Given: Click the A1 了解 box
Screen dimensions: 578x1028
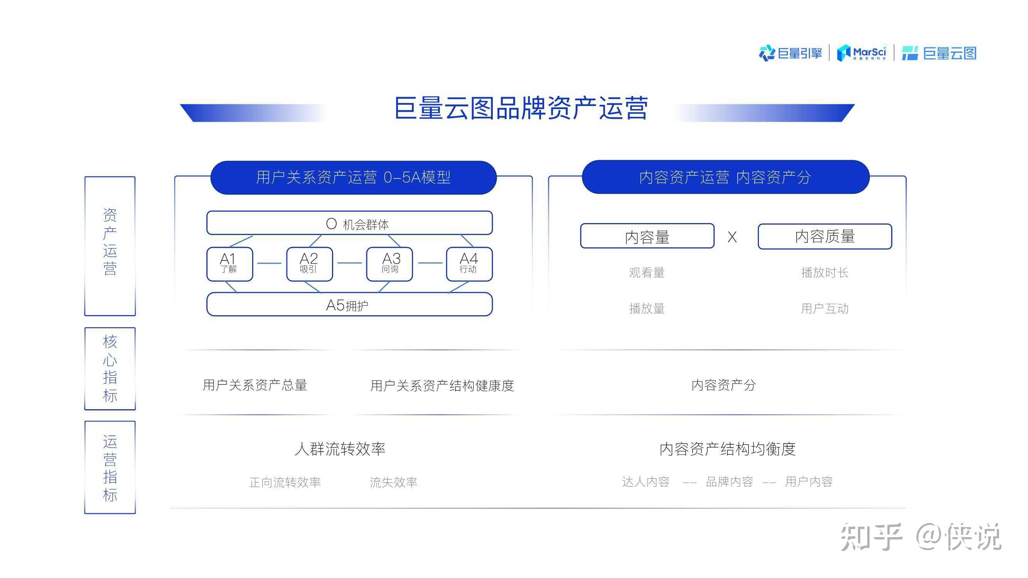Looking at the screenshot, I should [229, 264].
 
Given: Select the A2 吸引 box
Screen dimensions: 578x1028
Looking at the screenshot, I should [309, 264].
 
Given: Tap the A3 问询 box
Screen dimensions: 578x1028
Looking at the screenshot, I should [389, 264].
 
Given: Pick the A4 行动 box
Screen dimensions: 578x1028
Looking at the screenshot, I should [469, 264].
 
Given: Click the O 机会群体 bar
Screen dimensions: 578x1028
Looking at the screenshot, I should [349, 223].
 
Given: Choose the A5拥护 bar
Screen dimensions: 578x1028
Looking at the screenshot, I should [349, 305].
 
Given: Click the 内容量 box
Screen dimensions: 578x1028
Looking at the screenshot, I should [647, 236].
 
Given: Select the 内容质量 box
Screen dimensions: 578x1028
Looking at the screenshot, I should [824, 236].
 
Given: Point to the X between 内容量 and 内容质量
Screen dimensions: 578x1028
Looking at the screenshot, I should [732, 237].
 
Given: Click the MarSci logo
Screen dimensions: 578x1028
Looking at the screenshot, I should [862, 53].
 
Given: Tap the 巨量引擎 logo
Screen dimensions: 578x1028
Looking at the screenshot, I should [790, 53].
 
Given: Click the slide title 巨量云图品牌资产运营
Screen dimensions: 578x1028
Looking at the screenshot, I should [521, 108].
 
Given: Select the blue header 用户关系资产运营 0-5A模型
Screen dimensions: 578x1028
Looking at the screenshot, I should [353, 178].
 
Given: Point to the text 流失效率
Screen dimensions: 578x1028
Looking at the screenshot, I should [393, 482].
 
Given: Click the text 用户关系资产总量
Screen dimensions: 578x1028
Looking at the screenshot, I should [254, 385].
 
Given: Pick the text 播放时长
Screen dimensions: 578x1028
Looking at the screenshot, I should [824, 272].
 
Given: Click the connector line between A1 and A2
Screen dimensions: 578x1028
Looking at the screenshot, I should [270, 263].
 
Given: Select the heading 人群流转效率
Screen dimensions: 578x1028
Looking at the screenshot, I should [340, 449].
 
